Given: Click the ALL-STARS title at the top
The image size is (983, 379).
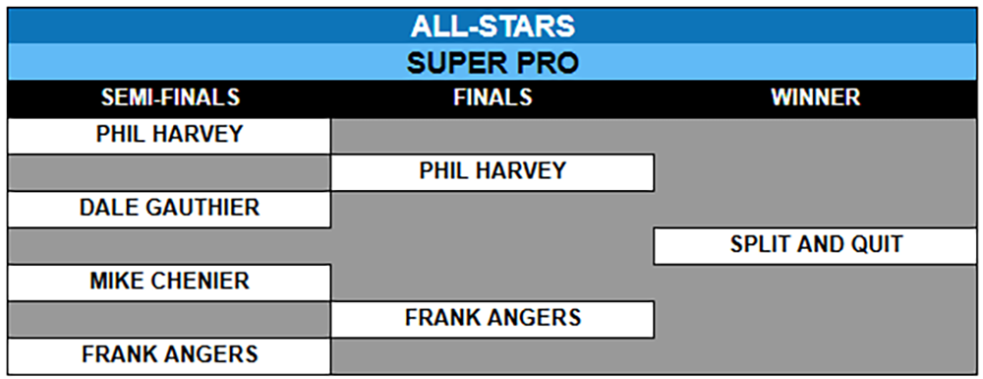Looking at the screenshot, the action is tap(492, 27).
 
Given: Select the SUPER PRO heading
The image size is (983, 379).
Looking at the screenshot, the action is tap(492, 63).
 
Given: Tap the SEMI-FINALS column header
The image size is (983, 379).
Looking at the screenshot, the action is tap(170, 97).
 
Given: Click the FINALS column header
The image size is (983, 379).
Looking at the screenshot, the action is tap(492, 97).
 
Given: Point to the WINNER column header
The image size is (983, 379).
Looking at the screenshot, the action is tap(816, 97).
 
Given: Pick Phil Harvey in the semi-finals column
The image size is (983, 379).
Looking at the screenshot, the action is tap(169, 134).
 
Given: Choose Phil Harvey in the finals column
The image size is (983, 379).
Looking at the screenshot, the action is tap(492, 170).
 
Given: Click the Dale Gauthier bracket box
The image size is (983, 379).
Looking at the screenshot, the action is tap(169, 208).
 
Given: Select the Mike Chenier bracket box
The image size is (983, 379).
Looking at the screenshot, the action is tap(169, 281).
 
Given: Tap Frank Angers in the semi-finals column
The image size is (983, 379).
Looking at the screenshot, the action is tap(169, 354).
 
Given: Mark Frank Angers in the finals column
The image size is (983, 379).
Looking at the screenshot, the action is tap(492, 318).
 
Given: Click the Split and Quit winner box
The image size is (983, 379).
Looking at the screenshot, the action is tap(816, 244).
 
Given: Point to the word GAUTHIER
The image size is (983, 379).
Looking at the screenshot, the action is tap(202, 208).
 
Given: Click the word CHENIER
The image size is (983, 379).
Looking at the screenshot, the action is tap(200, 281).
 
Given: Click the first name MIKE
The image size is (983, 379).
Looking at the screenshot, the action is tap(117, 281).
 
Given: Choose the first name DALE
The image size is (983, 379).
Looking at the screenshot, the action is tap(109, 208).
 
